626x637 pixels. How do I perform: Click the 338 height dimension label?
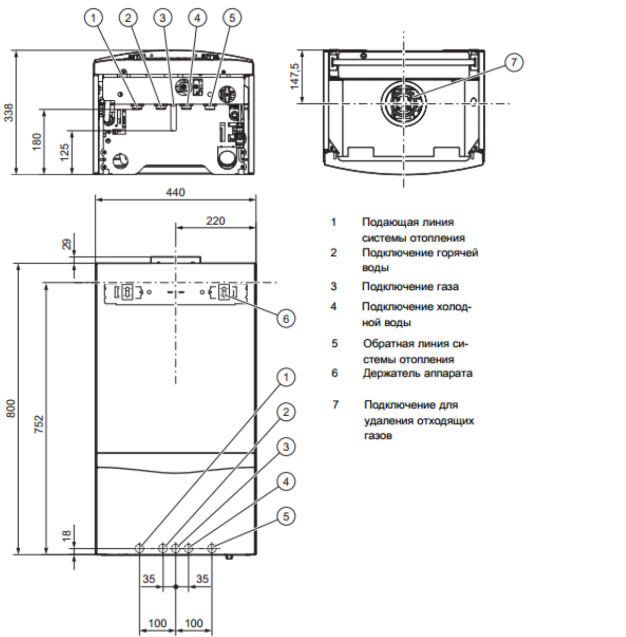coord(9,113)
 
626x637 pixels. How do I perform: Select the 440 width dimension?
coord(175,192)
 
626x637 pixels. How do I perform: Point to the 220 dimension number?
coord(215,220)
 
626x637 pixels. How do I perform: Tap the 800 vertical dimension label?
coord(11,409)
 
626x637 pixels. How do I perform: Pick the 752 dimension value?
coord(39,424)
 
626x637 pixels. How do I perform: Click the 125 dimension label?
coord(64,152)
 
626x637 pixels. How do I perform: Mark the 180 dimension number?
coord(37,142)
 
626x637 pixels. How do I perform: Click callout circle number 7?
coord(514,62)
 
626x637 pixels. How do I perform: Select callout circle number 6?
coord(286,318)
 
